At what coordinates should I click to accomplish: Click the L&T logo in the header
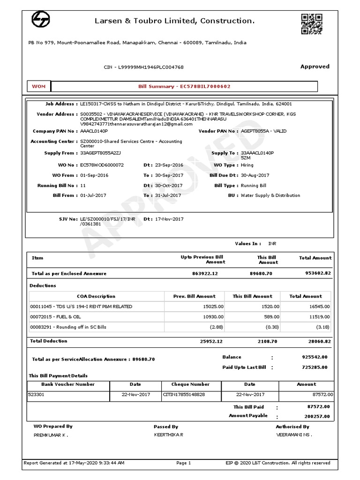pos(41,21)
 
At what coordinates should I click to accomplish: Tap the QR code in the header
pos(312,24)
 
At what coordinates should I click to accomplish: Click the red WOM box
pos(38,87)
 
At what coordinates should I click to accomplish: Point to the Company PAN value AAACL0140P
pos(94,131)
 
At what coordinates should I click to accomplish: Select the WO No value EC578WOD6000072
pos(102,165)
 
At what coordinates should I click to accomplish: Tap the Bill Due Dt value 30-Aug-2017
pos(255,175)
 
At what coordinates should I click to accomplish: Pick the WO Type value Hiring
pos(247,165)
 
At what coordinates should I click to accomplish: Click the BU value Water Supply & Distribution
pos(270,195)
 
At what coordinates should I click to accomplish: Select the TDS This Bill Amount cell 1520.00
pos(270,307)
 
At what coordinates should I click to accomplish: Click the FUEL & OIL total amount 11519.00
pos(319,317)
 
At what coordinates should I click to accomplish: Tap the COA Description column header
pos(96,296)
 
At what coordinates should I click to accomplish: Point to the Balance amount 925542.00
pos(315,357)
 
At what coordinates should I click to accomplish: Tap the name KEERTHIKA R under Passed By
pos(168,435)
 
